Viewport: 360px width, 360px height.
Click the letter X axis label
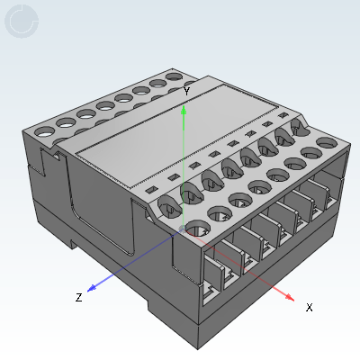[310, 307]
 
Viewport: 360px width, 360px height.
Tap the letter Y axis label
[186, 91]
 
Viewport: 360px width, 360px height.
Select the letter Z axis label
[78, 297]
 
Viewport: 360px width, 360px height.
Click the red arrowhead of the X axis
[289, 297]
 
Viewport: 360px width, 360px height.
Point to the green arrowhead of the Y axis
[184, 110]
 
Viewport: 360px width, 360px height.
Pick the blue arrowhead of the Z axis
[92, 288]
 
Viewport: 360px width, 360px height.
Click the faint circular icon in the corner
[22, 21]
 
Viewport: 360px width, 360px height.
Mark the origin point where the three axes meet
[183, 229]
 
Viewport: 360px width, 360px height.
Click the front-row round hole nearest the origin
[198, 229]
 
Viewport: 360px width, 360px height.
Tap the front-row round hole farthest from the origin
[327, 142]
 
